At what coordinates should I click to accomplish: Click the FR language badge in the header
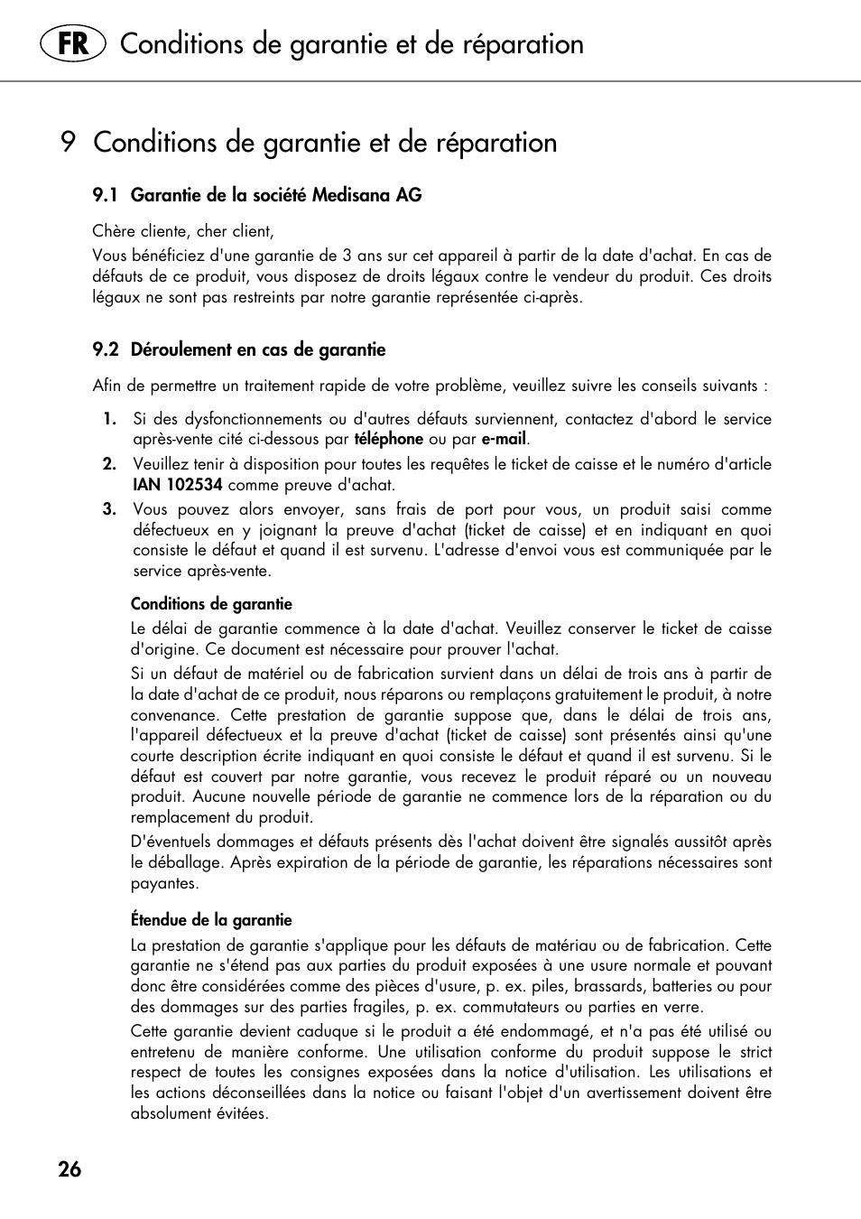tap(73, 43)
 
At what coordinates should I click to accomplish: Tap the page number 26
tap(69, 1169)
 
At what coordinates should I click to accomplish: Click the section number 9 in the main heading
tap(68, 143)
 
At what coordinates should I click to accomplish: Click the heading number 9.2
tap(106, 350)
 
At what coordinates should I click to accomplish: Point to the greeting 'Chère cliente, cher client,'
tap(183, 231)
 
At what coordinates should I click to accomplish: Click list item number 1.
tap(109, 419)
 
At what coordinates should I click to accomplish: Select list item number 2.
tap(109, 464)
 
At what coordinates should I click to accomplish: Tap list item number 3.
tap(109, 509)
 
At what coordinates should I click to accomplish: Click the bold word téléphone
tap(388, 440)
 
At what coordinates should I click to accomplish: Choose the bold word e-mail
tap(503, 440)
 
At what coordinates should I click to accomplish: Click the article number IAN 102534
tap(178, 485)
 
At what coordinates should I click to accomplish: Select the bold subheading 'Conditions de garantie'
tap(211, 604)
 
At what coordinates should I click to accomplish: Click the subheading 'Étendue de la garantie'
tap(211, 920)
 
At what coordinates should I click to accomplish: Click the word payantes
tap(163, 883)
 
